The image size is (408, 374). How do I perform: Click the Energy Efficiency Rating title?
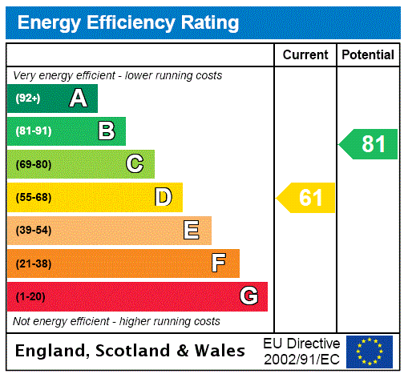click(x=128, y=22)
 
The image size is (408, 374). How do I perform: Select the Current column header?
click(x=305, y=55)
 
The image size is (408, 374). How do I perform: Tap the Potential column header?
click(x=368, y=55)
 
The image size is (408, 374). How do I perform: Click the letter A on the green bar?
click(x=78, y=99)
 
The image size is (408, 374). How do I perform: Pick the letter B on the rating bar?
click(x=106, y=131)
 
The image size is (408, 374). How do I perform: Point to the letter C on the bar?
click(x=135, y=164)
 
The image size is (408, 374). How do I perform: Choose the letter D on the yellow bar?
click(x=163, y=197)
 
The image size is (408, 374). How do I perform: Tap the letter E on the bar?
click(x=192, y=231)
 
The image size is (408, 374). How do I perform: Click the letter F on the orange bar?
click(x=219, y=263)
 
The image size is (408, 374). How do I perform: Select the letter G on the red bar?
click(x=248, y=296)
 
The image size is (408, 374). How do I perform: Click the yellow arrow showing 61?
click(x=307, y=197)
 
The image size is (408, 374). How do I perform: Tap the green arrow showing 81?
click(x=370, y=144)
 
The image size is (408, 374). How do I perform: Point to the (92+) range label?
click(x=28, y=99)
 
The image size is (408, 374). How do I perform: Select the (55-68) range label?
click(x=33, y=198)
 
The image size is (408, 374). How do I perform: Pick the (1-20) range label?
click(x=30, y=297)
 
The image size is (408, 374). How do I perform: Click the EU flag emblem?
click(x=370, y=352)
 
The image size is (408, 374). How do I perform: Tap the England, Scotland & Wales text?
click(x=131, y=351)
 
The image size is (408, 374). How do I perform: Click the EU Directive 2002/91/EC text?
click(x=301, y=351)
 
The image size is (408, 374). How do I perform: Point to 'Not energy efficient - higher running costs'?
click(x=116, y=321)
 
